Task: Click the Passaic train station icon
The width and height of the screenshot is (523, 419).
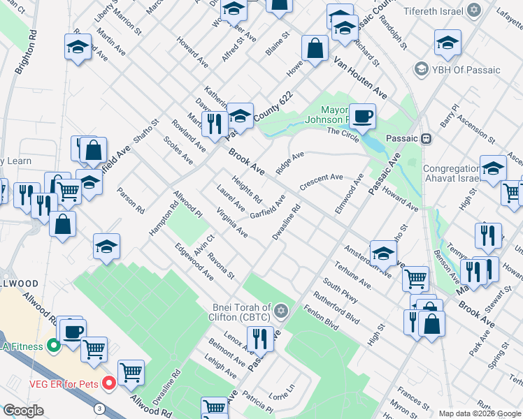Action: click(x=425, y=138)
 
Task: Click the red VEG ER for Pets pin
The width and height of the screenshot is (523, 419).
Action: click(x=108, y=383)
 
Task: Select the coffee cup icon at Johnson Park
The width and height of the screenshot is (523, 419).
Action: click(x=362, y=115)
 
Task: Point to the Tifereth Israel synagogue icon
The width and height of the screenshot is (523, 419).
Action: click(x=475, y=11)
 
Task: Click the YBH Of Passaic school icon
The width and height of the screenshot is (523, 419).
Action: click(x=421, y=69)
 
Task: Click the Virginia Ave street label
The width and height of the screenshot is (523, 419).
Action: click(x=232, y=221)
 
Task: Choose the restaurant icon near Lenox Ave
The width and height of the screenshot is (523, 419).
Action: click(x=260, y=338)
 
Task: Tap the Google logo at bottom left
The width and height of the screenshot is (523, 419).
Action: click(x=23, y=411)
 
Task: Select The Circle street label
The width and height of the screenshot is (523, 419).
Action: click(x=343, y=132)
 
